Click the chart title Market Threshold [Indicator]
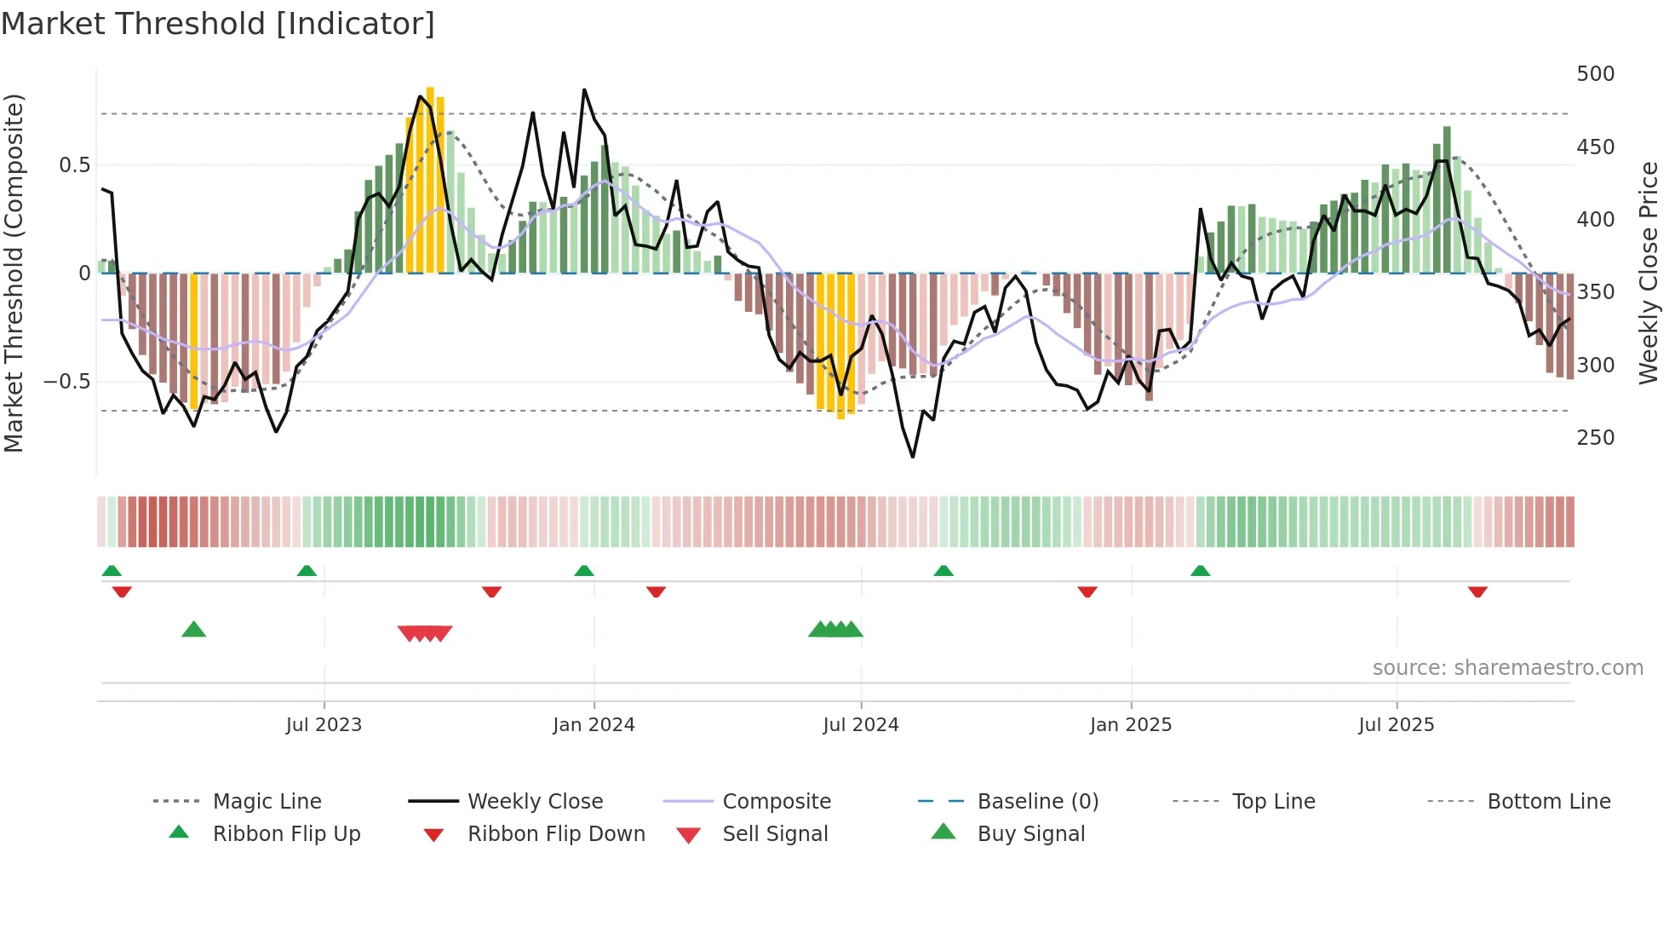218,24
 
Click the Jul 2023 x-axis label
324,725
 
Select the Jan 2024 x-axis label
594,725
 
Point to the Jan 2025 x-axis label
1131,725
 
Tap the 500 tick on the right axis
1595,74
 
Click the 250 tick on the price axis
1595,438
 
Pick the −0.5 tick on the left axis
67,381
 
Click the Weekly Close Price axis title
1649,273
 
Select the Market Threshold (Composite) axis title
14,273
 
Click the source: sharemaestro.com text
1507,668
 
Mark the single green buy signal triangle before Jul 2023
194,630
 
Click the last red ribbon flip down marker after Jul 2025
1477,591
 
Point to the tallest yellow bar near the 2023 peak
430,179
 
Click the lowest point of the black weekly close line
913,457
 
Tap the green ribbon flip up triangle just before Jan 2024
584,571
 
